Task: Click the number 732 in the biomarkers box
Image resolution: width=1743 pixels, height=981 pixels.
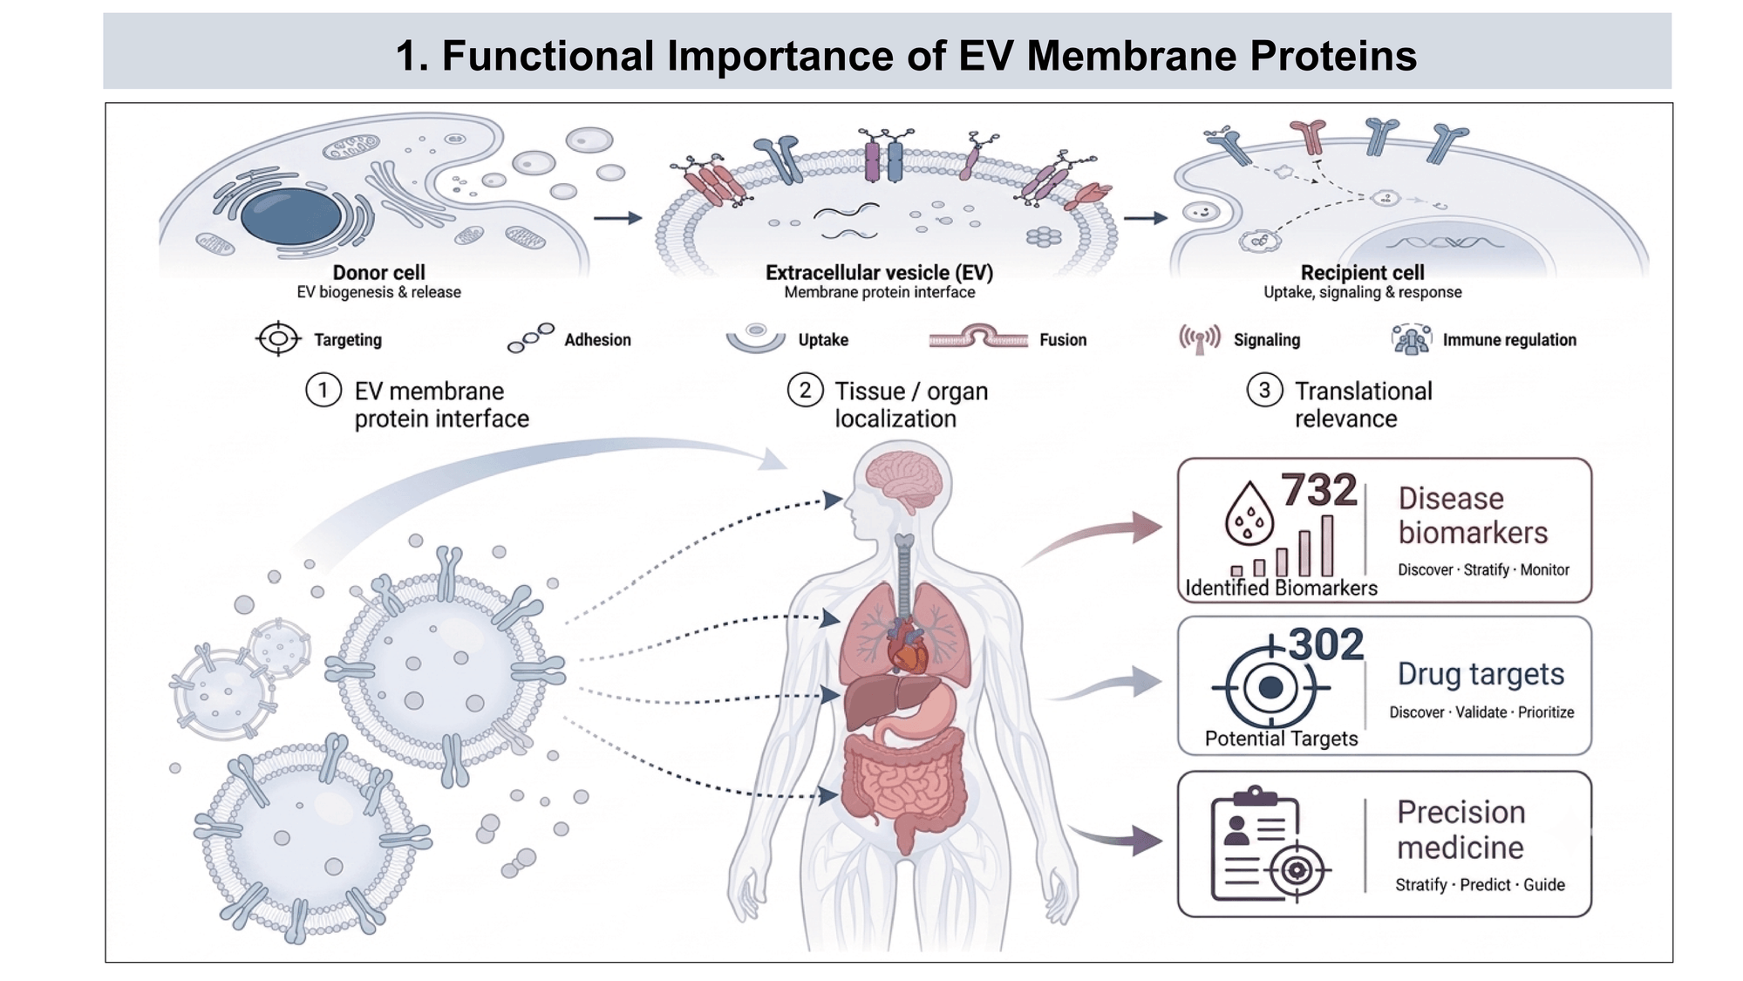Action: [1318, 490]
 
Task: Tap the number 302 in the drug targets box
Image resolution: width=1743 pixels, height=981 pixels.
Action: [1325, 645]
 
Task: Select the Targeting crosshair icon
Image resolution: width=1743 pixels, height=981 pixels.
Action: [278, 338]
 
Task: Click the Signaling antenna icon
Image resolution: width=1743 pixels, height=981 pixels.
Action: [1200, 339]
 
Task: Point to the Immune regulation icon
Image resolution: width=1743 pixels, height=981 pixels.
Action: [1411, 339]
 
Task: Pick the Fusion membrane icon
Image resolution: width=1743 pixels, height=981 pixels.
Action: [978, 337]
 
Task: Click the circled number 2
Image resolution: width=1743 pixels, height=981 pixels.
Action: [805, 390]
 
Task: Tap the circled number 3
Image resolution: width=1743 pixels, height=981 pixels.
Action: [1264, 390]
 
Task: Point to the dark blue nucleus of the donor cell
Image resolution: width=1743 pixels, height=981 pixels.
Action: [291, 215]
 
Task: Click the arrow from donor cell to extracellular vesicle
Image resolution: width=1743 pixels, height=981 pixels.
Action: [617, 218]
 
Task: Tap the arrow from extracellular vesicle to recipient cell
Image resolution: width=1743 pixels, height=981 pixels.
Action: [1145, 218]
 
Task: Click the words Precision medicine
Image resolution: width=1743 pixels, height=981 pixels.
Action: [1460, 829]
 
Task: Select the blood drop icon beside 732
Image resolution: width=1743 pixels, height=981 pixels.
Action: [1249, 514]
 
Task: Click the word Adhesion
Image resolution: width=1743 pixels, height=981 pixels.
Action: [597, 340]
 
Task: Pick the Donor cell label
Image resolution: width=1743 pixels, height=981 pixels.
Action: [378, 273]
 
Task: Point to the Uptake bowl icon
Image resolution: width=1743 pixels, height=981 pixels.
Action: [756, 338]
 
